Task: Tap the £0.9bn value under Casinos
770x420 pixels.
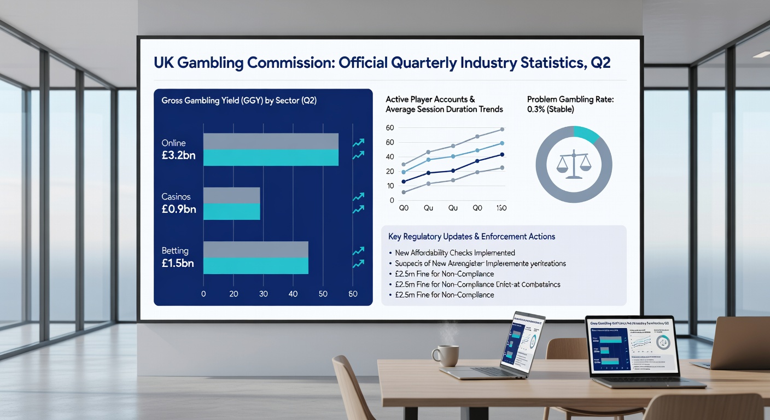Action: click(x=178, y=209)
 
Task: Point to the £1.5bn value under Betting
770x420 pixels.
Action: click(x=178, y=264)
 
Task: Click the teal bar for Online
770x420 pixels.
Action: click(x=271, y=157)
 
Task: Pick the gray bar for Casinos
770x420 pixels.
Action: click(x=231, y=195)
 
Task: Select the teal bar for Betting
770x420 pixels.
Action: click(x=255, y=266)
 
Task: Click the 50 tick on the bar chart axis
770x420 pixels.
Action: click(x=323, y=294)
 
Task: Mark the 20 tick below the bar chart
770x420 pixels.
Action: click(x=234, y=294)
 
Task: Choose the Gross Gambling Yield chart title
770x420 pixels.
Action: click(x=239, y=101)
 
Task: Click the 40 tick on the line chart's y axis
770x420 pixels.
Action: click(x=390, y=157)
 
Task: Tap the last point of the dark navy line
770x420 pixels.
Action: click(x=502, y=154)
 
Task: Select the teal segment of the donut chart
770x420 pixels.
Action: click(x=588, y=133)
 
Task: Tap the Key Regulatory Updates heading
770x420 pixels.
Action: click(x=471, y=237)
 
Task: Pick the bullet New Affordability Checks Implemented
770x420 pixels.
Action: click(x=454, y=253)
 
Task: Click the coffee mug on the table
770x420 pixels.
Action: click(x=446, y=355)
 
